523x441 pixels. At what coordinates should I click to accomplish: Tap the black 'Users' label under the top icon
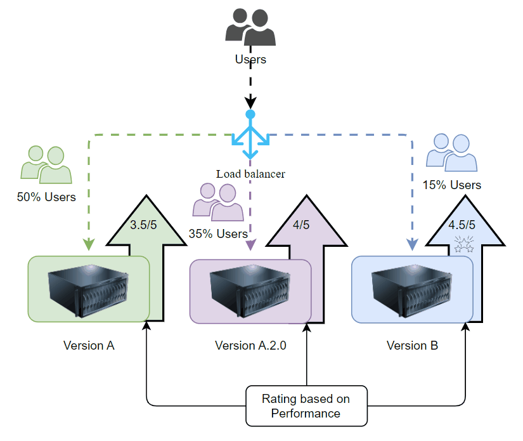(x=250, y=60)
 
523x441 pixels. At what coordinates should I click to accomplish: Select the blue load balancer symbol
(x=250, y=136)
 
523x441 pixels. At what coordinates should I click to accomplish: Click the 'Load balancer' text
(x=250, y=173)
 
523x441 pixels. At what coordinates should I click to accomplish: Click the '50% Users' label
(x=46, y=197)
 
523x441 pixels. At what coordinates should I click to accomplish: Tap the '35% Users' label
(x=218, y=234)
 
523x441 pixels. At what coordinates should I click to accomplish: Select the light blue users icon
(x=451, y=153)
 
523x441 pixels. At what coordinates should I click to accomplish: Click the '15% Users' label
(x=452, y=185)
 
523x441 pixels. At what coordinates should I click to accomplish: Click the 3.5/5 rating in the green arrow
(x=143, y=224)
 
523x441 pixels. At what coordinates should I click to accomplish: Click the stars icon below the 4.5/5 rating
(x=465, y=244)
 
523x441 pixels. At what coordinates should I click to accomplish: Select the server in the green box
(x=87, y=289)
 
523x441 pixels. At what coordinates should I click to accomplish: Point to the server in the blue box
(x=411, y=289)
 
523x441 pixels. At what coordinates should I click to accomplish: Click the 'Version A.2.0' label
(x=250, y=346)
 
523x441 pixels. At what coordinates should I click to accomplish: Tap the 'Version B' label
(x=412, y=346)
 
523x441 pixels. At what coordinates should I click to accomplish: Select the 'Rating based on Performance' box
(x=306, y=406)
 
